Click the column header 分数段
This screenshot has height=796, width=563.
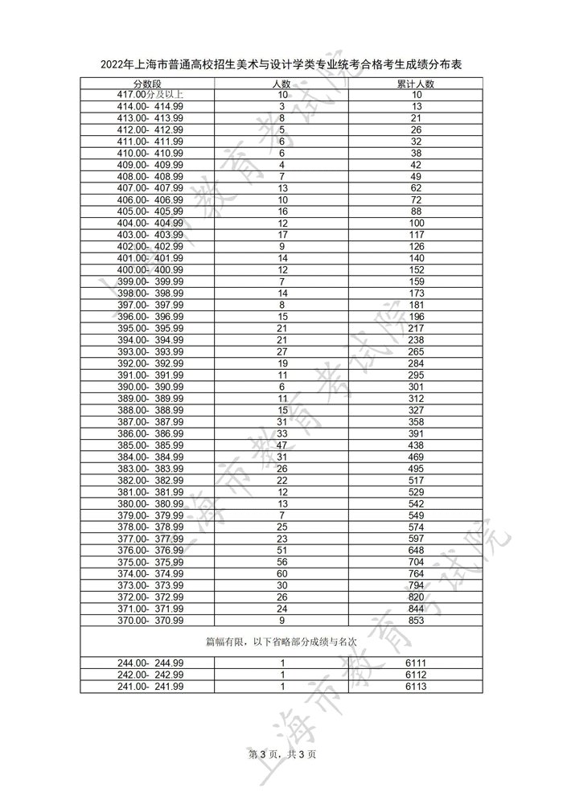(x=147, y=84)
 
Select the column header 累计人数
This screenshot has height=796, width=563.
(x=416, y=84)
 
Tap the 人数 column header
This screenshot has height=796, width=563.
(x=282, y=84)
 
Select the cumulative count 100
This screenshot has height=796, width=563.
(x=416, y=223)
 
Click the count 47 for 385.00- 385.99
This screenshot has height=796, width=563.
(x=282, y=445)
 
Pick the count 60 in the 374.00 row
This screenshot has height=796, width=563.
(x=282, y=573)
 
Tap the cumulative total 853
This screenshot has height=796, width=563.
(x=416, y=620)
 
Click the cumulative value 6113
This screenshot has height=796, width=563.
(x=416, y=686)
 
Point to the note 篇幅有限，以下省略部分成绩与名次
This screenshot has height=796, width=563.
(x=281, y=641)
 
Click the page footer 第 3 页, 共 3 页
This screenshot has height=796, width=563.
(x=281, y=753)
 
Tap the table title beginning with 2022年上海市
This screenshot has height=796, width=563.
(x=281, y=64)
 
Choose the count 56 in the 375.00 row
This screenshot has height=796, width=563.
(x=282, y=562)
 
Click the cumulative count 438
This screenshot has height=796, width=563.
(x=416, y=445)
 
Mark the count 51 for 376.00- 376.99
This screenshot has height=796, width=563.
(x=282, y=550)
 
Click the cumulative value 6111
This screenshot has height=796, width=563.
(x=416, y=663)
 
